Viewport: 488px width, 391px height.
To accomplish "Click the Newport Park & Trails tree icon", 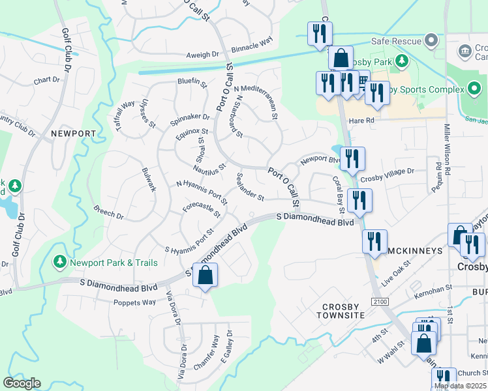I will click(60, 262).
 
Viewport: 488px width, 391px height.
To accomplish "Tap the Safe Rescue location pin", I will click(430, 41).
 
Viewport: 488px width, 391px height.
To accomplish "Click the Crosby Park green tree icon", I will click(403, 61).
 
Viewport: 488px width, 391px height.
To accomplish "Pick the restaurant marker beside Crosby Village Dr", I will click(352, 158).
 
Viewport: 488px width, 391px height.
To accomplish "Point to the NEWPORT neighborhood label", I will click(73, 134).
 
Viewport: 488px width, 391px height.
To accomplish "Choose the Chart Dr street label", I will click(46, 81).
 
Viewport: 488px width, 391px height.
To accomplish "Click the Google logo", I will click(22, 383).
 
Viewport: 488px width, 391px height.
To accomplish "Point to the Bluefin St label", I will click(191, 83).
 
